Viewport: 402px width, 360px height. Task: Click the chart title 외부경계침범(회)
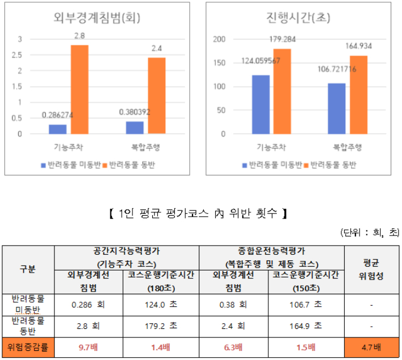tap(94, 18)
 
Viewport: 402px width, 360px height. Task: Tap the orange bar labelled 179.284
tap(281, 91)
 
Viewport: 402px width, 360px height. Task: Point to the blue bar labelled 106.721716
tap(336, 109)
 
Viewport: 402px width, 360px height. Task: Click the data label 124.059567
tap(260, 61)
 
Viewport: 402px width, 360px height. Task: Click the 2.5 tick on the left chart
tap(20, 55)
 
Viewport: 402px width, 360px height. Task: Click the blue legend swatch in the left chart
tap(42, 166)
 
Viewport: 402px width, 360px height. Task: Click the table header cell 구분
tap(28, 269)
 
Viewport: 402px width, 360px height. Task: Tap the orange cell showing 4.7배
tap(372, 347)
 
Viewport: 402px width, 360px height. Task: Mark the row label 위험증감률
tap(28, 347)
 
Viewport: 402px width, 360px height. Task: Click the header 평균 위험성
tap(372, 269)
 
